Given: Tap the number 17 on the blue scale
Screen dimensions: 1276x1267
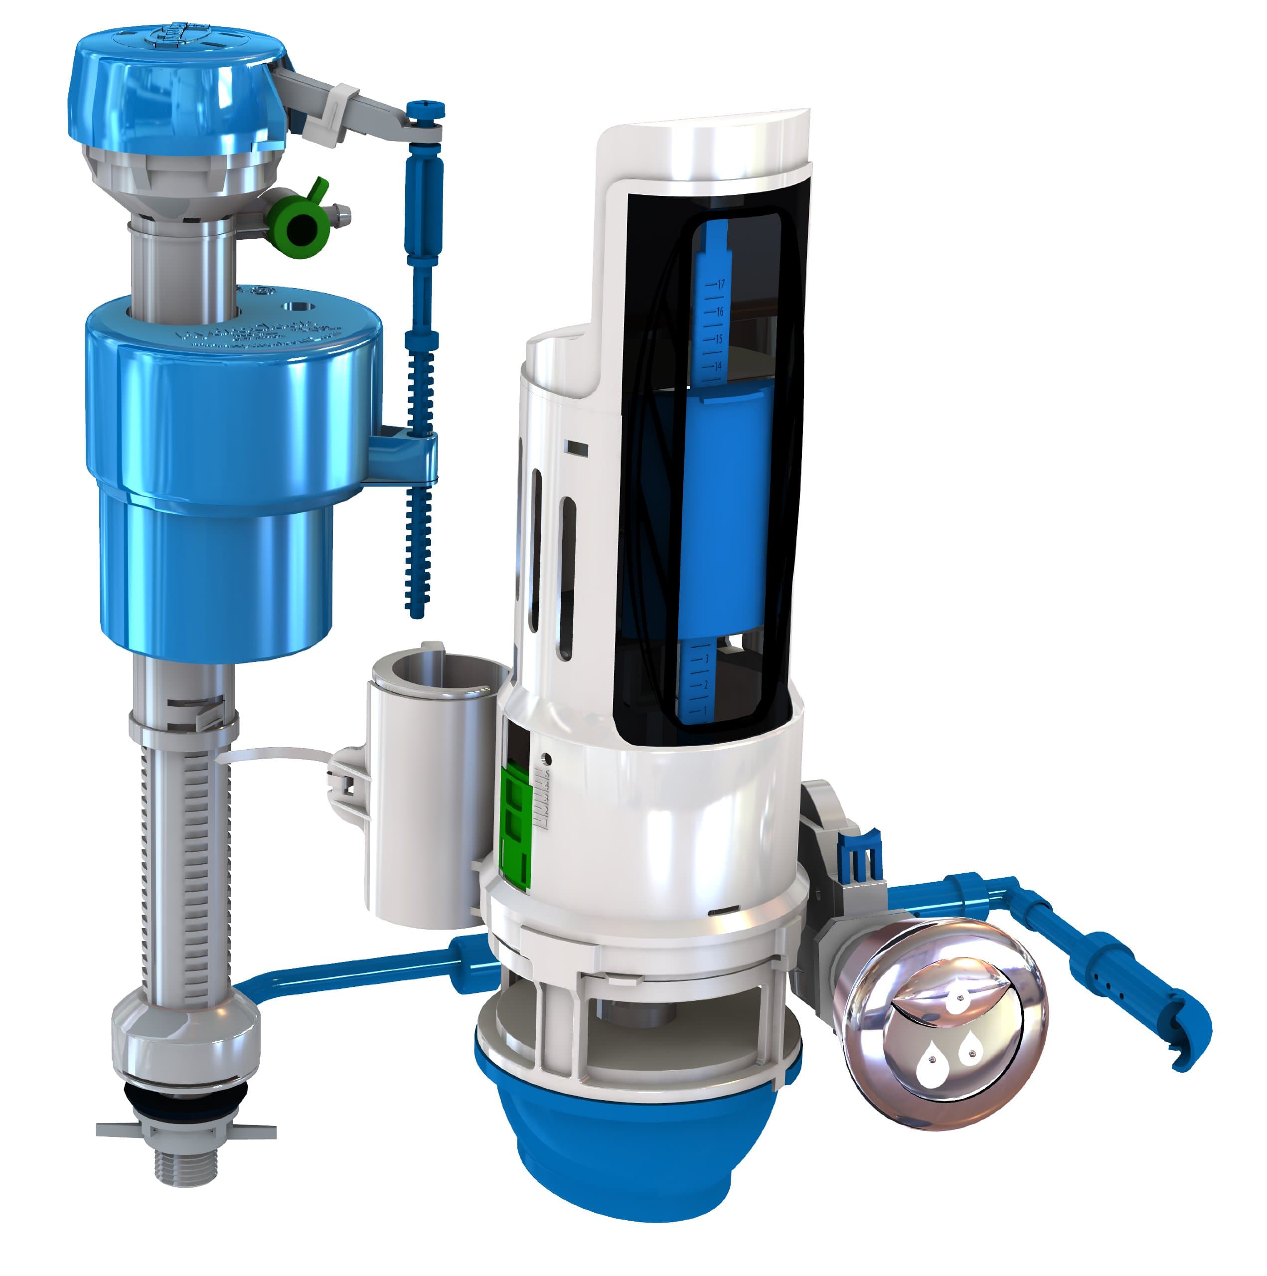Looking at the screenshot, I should click(721, 284).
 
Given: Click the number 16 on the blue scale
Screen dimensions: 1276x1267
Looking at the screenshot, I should click(719, 311).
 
